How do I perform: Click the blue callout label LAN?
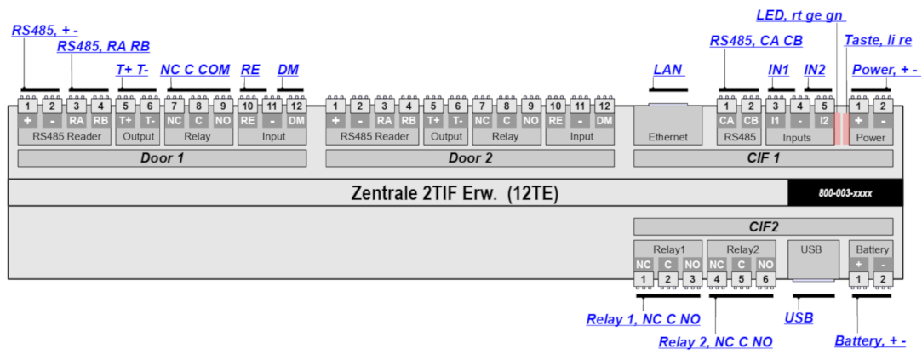pos(667,70)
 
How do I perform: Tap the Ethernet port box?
pos(667,127)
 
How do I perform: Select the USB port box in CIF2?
pos(811,260)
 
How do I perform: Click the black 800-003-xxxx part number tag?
pos(845,193)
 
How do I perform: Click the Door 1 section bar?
pos(162,158)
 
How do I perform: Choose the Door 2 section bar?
pos(470,158)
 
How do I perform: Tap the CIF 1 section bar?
pos(763,158)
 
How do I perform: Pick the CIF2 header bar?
pos(763,226)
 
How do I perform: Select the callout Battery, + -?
pos(869,341)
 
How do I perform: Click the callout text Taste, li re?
pos(878,40)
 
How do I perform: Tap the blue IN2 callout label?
pos(815,70)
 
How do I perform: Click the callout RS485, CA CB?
pos(756,40)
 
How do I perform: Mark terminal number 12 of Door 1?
pos(296,106)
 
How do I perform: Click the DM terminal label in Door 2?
pos(604,121)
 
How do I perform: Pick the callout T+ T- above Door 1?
pos(132,70)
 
